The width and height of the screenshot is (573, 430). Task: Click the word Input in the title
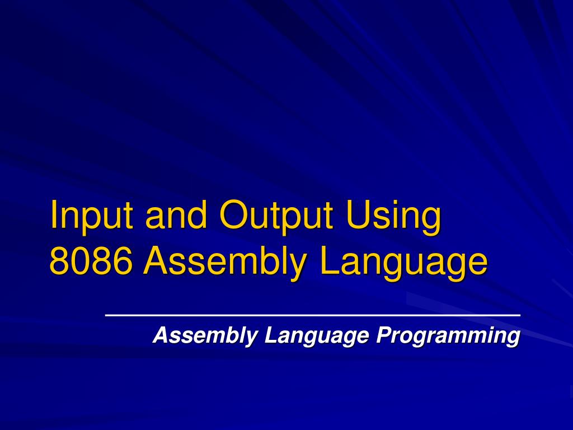(x=93, y=216)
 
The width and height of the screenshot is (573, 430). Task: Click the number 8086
(x=91, y=261)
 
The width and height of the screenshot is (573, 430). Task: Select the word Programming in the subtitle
(x=448, y=336)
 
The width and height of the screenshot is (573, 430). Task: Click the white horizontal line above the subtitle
(x=313, y=316)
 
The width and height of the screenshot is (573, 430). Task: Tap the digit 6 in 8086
(x=124, y=261)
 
